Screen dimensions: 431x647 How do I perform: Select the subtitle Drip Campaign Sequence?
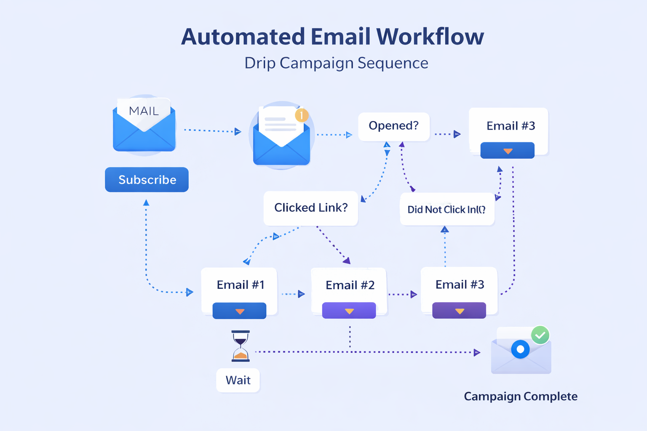pyautogui.click(x=336, y=63)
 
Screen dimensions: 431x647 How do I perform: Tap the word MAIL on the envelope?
pyautogui.click(x=144, y=111)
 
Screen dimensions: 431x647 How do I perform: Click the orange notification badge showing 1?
pyautogui.click(x=302, y=115)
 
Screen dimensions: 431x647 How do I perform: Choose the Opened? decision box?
pyautogui.click(x=393, y=126)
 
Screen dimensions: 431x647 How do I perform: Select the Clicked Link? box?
pyautogui.click(x=311, y=208)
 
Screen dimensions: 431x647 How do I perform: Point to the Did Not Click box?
pyautogui.click(x=446, y=209)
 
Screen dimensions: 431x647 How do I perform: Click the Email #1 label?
pyautogui.click(x=240, y=285)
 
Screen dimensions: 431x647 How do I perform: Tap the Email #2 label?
pyautogui.click(x=350, y=285)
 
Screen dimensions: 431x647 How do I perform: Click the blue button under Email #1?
pyautogui.click(x=239, y=311)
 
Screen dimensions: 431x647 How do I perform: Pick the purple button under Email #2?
pyautogui.click(x=349, y=311)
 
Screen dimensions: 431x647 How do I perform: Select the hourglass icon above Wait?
pyautogui.click(x=241, y=346)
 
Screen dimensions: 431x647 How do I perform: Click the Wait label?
pyautogui.click(x=238, y=380)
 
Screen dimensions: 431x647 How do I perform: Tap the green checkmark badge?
pyautogui.click(x=540, y=335)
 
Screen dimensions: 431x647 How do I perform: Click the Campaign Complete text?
pyautogui.click(x=521, y=396)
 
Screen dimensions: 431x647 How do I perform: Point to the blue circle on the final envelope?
pyautogui.click(x=520, y=349)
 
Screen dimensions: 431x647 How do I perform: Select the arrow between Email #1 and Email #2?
pyautogui.click(x=293, y=294)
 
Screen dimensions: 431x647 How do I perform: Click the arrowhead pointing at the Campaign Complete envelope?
pyautogui.click(x=477, y=352)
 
